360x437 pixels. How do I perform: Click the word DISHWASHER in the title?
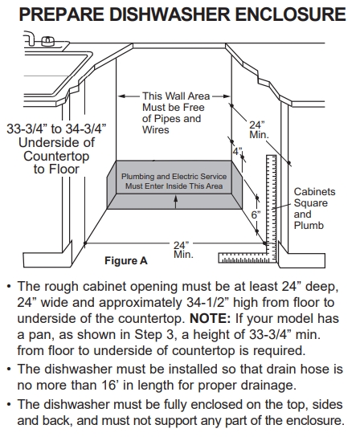(x=170, y=14)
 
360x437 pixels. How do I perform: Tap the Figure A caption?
(x=126, y=260)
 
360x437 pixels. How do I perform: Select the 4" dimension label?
(x=238, y=152)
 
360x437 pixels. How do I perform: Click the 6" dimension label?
(x=256, y=214)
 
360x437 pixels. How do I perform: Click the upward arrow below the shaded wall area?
(x=175, y=202)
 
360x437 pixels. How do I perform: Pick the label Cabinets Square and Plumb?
(x=314, y=209)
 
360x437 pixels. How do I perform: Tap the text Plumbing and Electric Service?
(x=174, y=177)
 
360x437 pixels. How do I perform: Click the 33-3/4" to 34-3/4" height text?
(x=56, y=129)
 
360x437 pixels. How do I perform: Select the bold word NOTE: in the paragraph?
(x=210, y=318)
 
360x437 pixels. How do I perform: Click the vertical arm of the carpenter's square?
(x=272, y=209)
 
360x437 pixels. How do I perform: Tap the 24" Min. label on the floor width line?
(x=183, y=250)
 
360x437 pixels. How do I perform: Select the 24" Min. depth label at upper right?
(x=259, y=129)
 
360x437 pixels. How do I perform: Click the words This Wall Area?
(x=176, y=96)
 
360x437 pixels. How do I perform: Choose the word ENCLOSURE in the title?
(x=291, y=14)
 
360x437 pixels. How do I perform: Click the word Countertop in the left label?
(x=56, y=156)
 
